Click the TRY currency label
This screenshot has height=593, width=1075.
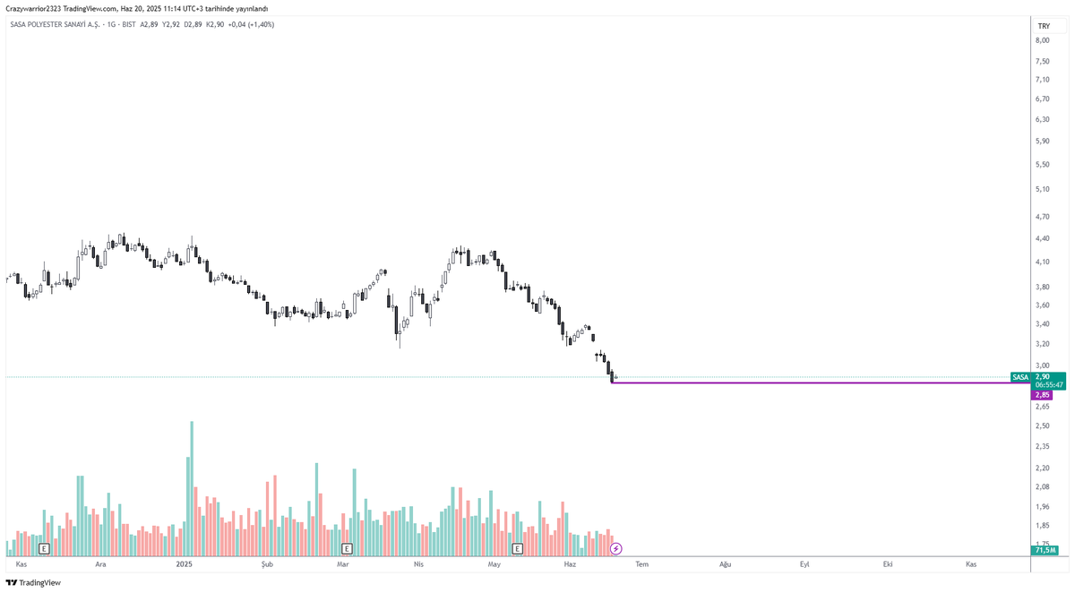coord(1044,26)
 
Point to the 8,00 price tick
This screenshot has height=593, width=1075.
coord(1043,40)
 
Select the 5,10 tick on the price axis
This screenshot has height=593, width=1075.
coord(1043,189)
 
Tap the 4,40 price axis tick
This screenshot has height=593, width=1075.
coord(1043,238)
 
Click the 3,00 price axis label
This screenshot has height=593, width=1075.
coord(1043,365)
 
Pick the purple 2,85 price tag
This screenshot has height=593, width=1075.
coord(1042,395)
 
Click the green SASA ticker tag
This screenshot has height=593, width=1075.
coord(1020,377)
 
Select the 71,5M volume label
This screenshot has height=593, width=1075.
coord(1044,550)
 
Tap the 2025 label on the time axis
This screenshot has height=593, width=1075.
coord(185,564)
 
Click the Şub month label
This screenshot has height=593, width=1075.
coord(267,564)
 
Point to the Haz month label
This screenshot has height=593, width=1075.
coord(570,564)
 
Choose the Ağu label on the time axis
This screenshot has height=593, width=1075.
coord(725,564)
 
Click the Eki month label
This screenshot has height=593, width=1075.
coord(888,564)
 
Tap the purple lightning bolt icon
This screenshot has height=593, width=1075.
coord(615,548)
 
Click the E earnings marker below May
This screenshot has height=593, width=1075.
coord(518,548)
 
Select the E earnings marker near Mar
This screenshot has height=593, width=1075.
coord(347,548)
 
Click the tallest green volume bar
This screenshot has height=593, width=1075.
coord(192,488)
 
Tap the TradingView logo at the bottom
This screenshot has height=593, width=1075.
coord(34,582)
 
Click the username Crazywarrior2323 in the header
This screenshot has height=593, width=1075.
coord(33,9)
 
